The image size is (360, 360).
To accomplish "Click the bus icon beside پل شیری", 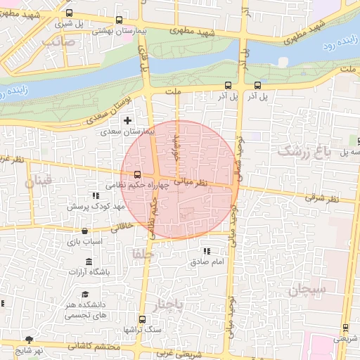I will pyautogui.click(x=69, y=13).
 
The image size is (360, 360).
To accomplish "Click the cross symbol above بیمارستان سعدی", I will pyautogui.click(x=127, y=121).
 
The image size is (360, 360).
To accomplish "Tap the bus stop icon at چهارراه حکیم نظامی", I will pyautogui.click(x=136, y=174).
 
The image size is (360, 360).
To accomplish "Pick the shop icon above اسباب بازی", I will pyautogui.click(x=85, y=231).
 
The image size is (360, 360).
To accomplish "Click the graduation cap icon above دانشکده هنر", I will pyautogui.click(x=85, y=294).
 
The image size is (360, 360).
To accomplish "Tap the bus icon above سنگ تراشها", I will pyautogui.click(x=143, y=319).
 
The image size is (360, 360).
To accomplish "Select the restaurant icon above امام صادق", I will pyautogui.click(x=206, y=251).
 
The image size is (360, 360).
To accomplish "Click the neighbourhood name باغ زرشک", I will pyautogui.click(x=303, y=150).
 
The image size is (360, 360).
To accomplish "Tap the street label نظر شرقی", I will pyautogui.click(x=322, y=199).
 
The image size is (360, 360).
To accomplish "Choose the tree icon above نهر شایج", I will pyautogui.click(x=29, y=340).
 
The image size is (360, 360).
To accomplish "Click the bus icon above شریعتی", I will pyautogui.click(x=345, y=327).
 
